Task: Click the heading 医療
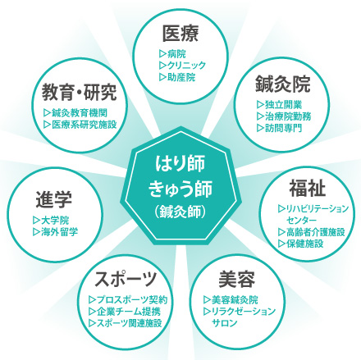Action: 180,34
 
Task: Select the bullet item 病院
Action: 172,54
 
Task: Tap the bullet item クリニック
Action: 182,66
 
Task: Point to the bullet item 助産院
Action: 177,77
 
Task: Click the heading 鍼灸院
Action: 283,84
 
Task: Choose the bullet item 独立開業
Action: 280,104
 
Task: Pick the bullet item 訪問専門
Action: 280,128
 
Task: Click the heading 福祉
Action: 308,189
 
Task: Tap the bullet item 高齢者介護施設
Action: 312,232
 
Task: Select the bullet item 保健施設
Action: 301,244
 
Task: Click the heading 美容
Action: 237,279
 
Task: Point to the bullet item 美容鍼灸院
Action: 231,300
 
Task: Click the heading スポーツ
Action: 126,279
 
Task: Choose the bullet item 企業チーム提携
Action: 125,312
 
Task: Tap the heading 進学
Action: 54,199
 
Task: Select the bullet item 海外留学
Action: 55,232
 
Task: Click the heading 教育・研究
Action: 80,93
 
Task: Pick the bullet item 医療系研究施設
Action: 80,125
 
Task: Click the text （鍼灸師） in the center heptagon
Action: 180,212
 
